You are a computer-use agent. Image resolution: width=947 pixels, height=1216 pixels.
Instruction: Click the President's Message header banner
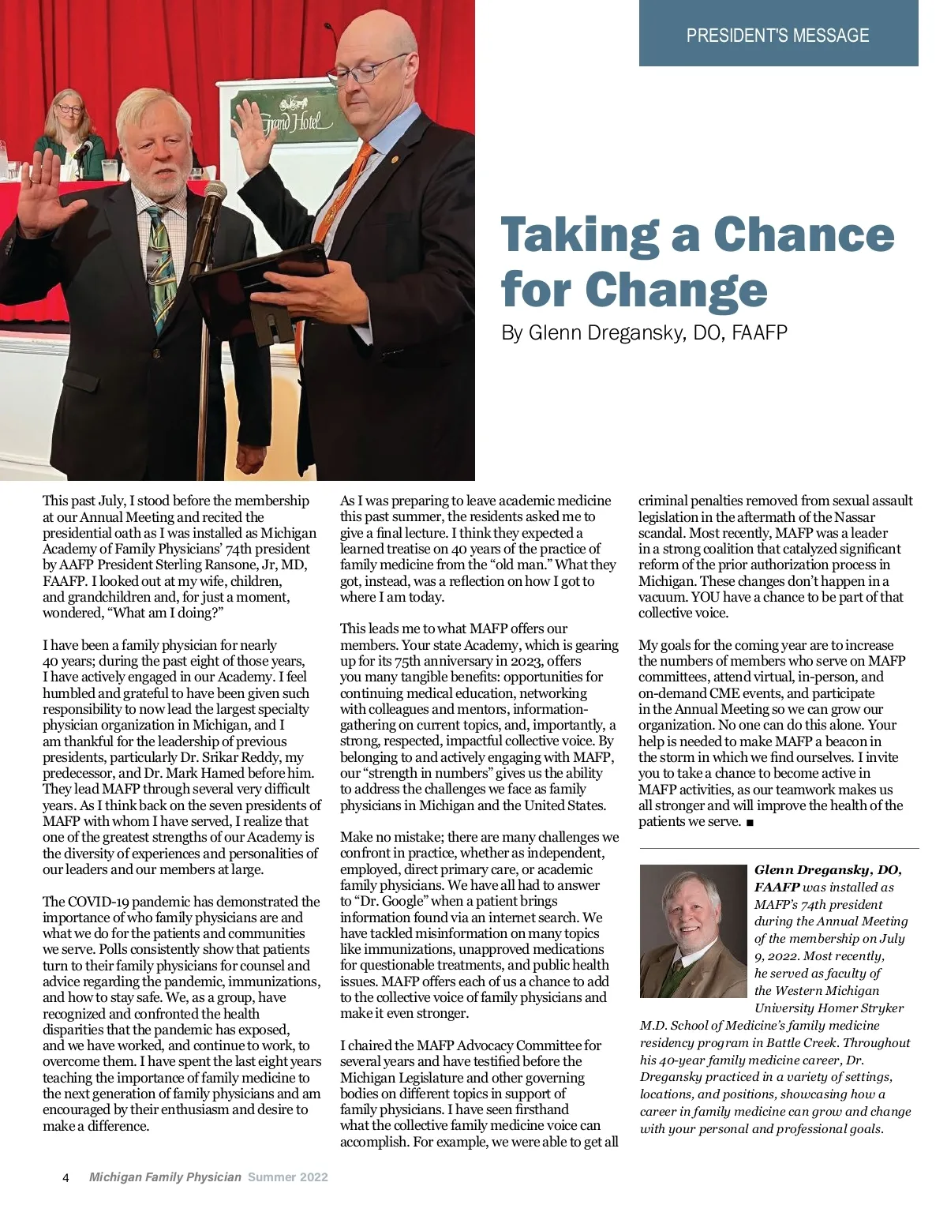[x=777, y=35]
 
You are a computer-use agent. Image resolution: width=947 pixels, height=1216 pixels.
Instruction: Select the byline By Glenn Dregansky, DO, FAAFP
[x=644, y=332]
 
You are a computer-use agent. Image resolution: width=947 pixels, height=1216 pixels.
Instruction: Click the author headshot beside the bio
[x=693, y=932]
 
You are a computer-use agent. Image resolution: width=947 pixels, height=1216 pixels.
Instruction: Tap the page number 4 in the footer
[x=66, y=1177]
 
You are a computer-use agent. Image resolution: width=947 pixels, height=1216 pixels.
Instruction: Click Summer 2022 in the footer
[x=287, y=1177]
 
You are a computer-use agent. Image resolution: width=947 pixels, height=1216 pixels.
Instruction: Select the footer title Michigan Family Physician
[x=165, y=1177]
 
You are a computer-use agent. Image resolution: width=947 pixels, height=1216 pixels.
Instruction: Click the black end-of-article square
[x=749, y=823]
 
